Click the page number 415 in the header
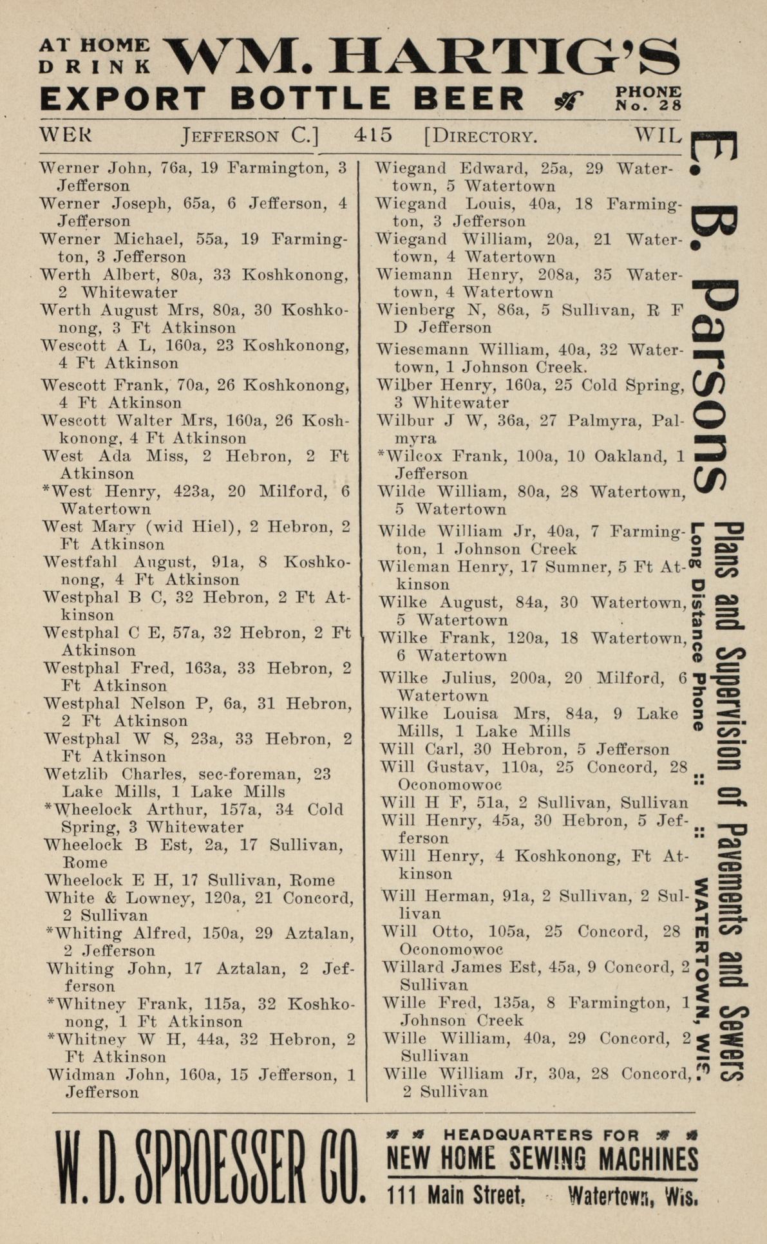pos(373,135)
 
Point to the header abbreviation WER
pos(65,135)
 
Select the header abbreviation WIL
pos(657,135)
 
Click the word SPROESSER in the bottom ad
pos(213,1168)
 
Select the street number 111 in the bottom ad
pos(404,1196)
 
